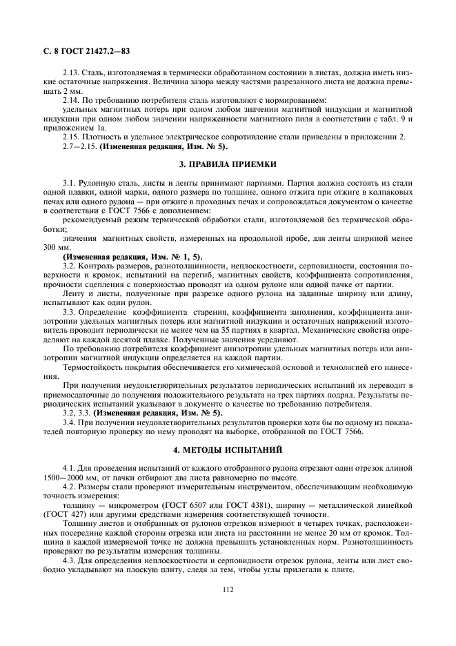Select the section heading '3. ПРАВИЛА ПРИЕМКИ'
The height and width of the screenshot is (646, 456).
228,164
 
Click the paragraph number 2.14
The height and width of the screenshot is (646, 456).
72,100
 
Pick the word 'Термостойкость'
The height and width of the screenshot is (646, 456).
93,366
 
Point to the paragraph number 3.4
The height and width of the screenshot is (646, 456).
71,422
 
